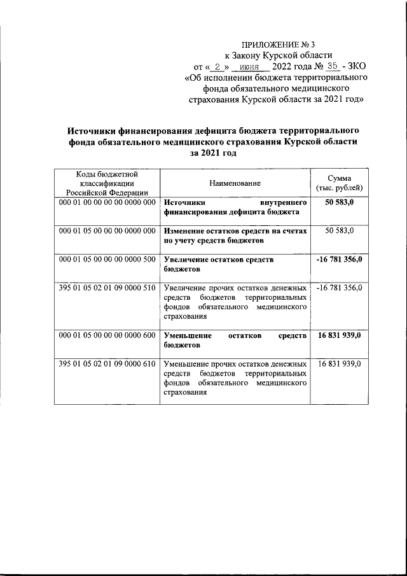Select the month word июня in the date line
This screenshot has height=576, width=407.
pos(250,66)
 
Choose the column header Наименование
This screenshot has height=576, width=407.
pos(235,183)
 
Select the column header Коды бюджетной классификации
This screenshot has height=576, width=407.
pos(107,183)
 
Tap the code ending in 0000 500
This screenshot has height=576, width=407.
pos(107,260)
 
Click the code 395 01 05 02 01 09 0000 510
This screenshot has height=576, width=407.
pos(107,288)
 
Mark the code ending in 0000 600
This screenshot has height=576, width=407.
pos(107,335)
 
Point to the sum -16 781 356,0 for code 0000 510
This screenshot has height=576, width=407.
pos(339,288)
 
